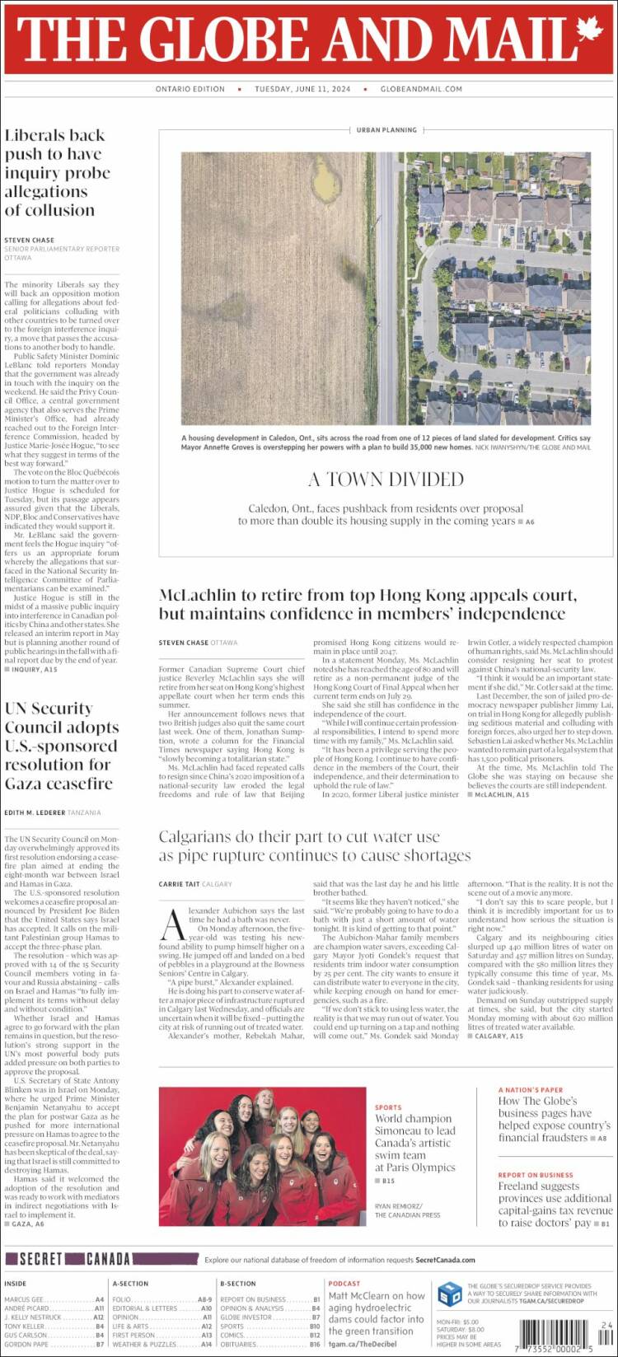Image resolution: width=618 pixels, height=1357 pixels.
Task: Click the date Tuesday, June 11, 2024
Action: tap(302, 89)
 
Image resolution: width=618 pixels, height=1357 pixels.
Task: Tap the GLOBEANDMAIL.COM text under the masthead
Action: tap(421, 89)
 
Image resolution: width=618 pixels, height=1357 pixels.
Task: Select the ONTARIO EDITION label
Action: tap(190, 89)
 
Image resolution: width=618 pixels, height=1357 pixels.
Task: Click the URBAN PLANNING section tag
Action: tap(386, 130)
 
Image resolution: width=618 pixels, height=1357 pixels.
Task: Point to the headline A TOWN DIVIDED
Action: tap(386, 479)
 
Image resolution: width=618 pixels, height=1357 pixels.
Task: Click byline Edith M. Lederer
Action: tap(34, 813)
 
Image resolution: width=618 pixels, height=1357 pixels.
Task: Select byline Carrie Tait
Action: tap(178, 884)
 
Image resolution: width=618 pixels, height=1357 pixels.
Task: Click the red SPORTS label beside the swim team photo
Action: tap(388, 1107)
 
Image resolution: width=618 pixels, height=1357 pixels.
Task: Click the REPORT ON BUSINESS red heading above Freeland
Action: tap(535, 1175)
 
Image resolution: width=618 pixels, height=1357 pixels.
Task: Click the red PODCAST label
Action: tap(344, 1283)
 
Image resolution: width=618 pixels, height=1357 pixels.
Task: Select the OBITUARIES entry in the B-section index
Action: tap(238, 1344)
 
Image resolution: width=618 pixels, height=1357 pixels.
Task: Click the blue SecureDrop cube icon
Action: tap(449, 1294)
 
